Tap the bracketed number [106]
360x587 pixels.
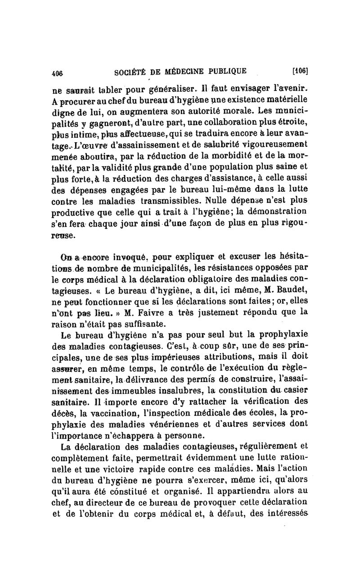pyautogui.click(x=300, y=70)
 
